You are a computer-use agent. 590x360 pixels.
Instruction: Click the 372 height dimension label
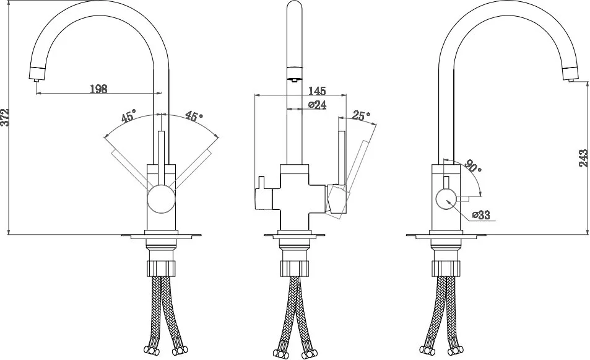tap(4, 117)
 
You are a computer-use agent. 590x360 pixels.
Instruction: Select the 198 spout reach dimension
tap(98, 89)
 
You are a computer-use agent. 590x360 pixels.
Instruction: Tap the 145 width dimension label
tap(317, 90)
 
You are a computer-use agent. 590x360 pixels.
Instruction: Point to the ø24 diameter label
tap(317, 105)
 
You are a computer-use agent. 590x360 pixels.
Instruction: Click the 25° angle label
tap(362, 115)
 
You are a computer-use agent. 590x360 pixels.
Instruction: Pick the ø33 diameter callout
tap(481, 214)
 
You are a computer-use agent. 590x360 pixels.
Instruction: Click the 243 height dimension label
tap(583, 158)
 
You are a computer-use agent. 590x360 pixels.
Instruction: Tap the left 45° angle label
tap(128, 116)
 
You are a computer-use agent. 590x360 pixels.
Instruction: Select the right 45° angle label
tap(194, 116)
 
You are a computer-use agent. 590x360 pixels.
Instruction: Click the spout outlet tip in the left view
tap(36, 78)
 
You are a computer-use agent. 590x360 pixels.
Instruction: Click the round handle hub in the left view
tap(161, 200)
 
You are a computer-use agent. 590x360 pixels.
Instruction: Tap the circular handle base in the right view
tap(446, 201)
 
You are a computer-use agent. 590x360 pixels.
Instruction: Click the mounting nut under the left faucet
tap(161, 266)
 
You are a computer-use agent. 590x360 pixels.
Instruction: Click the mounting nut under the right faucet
tap(446, 266)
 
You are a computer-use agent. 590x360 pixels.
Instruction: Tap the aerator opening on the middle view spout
tap(294, 79)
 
